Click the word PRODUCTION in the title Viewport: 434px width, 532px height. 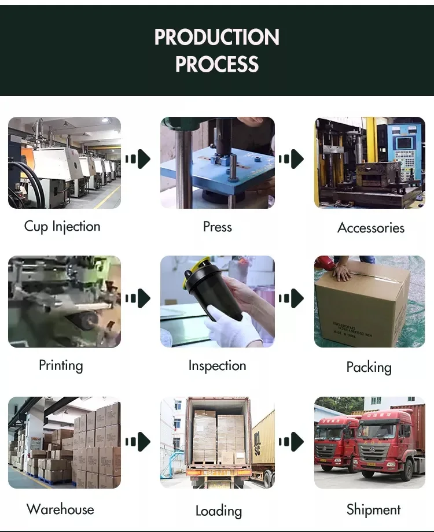[x=217, y=38]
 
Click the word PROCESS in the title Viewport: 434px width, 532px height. [x=217, y=64]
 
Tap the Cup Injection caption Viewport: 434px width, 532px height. [x=62, y=226]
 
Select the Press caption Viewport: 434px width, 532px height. [x=218, y=227]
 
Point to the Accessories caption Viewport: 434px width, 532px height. [x=371, y=228]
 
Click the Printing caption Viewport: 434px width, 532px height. [x=61, y=365]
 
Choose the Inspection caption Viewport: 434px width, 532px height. [x=217, y=365]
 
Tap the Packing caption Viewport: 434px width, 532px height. [x=369, y=367]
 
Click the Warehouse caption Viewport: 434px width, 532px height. [x=60, y=509]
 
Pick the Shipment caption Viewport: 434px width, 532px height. [x=373, y=509]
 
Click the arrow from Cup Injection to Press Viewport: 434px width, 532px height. [x=138, y=159]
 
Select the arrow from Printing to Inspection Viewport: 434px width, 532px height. [x=138, y=298]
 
